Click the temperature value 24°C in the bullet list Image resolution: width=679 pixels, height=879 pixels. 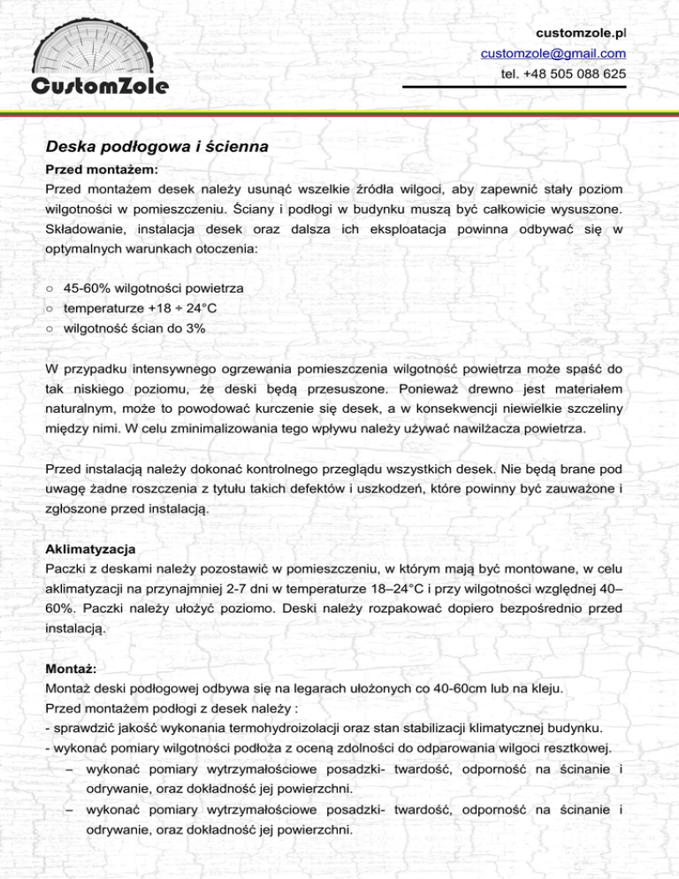pos(195,309)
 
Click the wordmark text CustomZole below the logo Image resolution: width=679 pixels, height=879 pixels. pos(99,86)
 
